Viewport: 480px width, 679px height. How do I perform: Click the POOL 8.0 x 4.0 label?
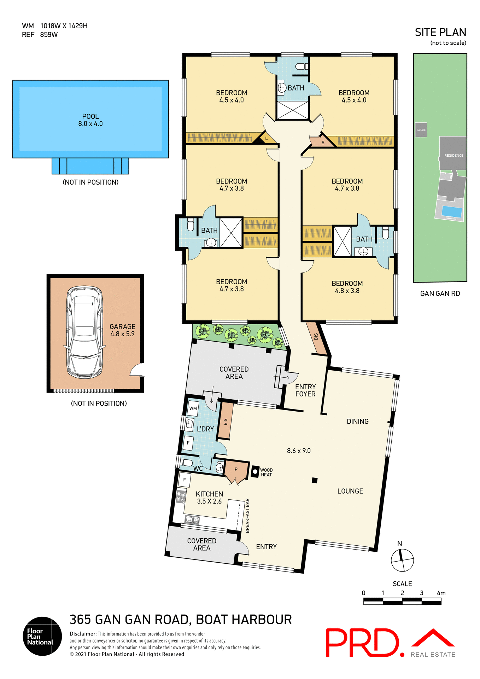pos(90,120)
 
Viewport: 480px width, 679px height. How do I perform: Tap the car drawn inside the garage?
pos(84,332)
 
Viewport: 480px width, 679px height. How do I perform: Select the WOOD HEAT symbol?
pos(255,472)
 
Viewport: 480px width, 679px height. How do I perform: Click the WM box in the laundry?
pos(193,408)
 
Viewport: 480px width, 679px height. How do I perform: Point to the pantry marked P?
pos(236,470)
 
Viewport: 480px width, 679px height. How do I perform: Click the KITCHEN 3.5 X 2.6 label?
pos(209,498)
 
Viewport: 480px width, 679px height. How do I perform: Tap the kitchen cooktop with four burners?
pos(181,497)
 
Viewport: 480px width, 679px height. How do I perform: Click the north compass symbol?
pos(402,560)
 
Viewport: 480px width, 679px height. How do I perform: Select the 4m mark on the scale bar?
pos(441,593)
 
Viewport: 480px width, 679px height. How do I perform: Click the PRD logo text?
pos(364,643)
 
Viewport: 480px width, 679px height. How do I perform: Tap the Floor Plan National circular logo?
pos(42,636)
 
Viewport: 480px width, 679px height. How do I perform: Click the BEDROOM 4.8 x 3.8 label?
pos(347,287)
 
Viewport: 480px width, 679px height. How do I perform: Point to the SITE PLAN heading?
pos(440,33)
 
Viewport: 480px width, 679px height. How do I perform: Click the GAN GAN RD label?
pos(440,294)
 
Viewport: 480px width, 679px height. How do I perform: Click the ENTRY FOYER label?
pos(305,390)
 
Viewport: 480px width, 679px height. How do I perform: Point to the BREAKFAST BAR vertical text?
pos(247,516)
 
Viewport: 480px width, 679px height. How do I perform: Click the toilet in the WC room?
pos(186,463)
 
